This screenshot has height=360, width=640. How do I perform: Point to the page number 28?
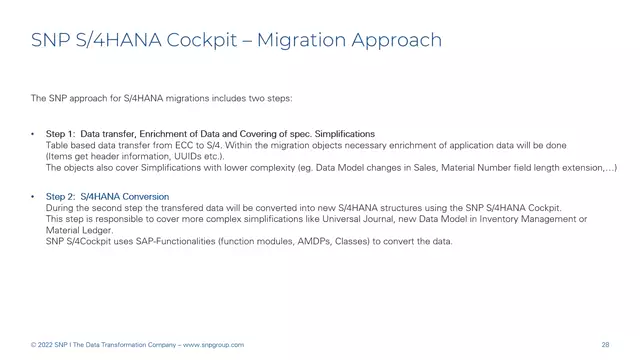pos(606,345)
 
